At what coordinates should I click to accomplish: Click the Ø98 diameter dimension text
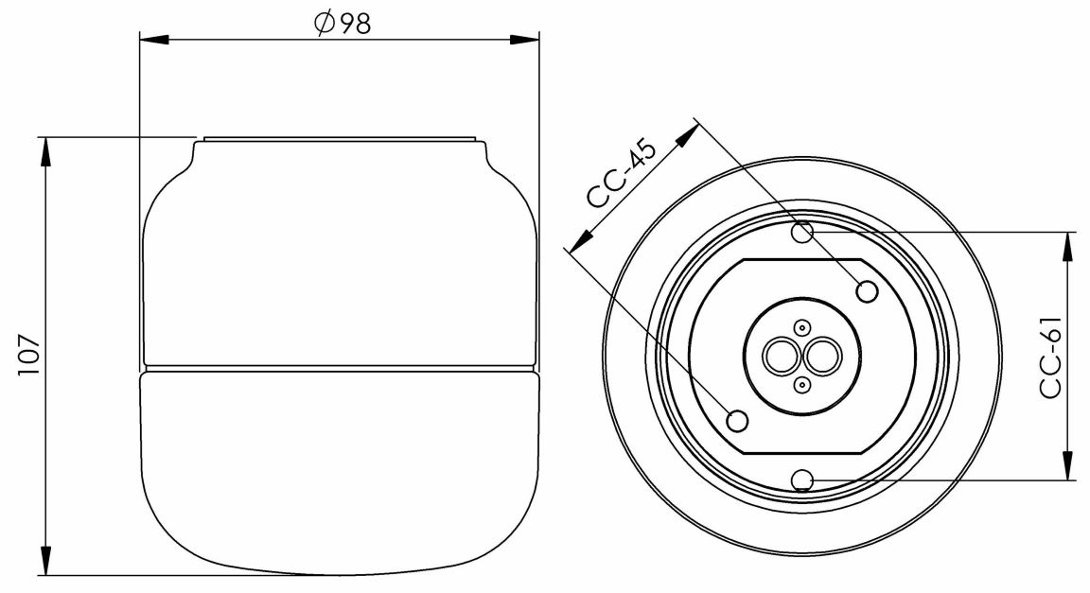[x=342, y=23]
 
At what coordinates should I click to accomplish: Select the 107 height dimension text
[x=28, y=357]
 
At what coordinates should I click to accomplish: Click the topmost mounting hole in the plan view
[x=803, y=232]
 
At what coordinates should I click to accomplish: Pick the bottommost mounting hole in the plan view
[x=802, y=480]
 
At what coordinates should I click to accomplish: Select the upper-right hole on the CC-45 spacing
[x=867, y=291]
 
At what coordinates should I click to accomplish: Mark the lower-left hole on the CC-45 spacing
[x=737, y=419]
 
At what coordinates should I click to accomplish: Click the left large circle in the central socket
[x=782, y=357]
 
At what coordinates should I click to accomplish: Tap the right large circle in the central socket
[x=820, y=357]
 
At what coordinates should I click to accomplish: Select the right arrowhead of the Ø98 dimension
[x=524, y=40]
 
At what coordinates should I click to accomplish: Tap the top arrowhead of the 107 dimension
[x=44, y=150]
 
